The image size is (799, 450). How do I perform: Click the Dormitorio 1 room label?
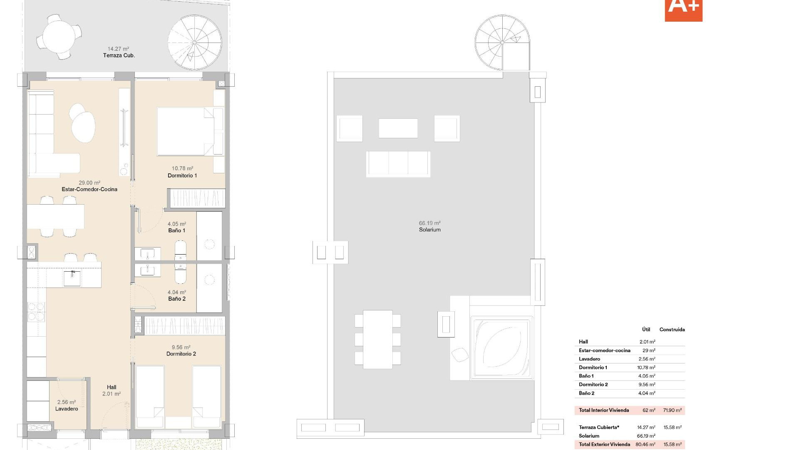point(182,175)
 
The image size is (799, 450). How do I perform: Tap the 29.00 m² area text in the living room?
point(89,182)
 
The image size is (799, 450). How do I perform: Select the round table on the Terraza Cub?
point(59,36)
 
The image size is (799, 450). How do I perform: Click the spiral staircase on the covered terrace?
point(194,42)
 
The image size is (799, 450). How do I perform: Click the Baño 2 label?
point(177,299)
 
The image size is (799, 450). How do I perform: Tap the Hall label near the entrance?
point(112,387)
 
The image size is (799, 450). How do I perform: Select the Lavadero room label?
point(67,409)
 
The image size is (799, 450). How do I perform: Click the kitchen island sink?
point(72,278)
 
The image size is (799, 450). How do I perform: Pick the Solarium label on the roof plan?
point(429,230)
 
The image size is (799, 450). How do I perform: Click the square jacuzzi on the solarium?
point(501,348)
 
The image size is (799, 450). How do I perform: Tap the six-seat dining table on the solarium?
point(377,339)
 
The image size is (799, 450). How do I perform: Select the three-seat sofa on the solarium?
point(398,164)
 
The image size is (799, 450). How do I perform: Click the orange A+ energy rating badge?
point(683,9)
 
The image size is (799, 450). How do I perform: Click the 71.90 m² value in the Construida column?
point(672,410)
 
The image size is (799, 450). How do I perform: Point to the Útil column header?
point(646,329)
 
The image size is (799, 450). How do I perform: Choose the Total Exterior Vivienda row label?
point(604,444)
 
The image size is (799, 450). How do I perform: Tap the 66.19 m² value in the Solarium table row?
point(646,436)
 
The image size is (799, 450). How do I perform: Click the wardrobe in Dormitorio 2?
point(184,325)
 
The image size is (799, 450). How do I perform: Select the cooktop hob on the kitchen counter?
point(36,312)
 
